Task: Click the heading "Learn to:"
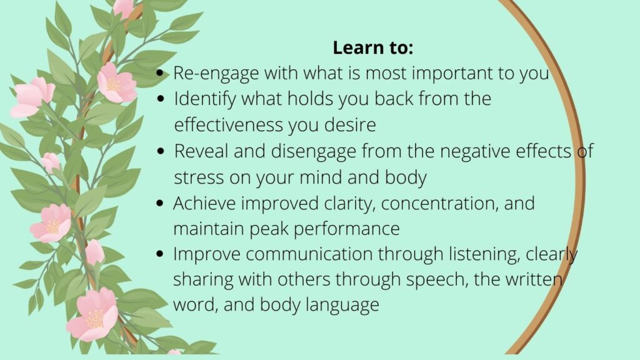372,47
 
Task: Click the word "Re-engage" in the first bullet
216,74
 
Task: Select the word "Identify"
205,99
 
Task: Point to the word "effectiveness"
229,124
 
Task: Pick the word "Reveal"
201,151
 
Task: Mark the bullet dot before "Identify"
161,99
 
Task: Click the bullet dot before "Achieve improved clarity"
160,203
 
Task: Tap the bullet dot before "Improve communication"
160,254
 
